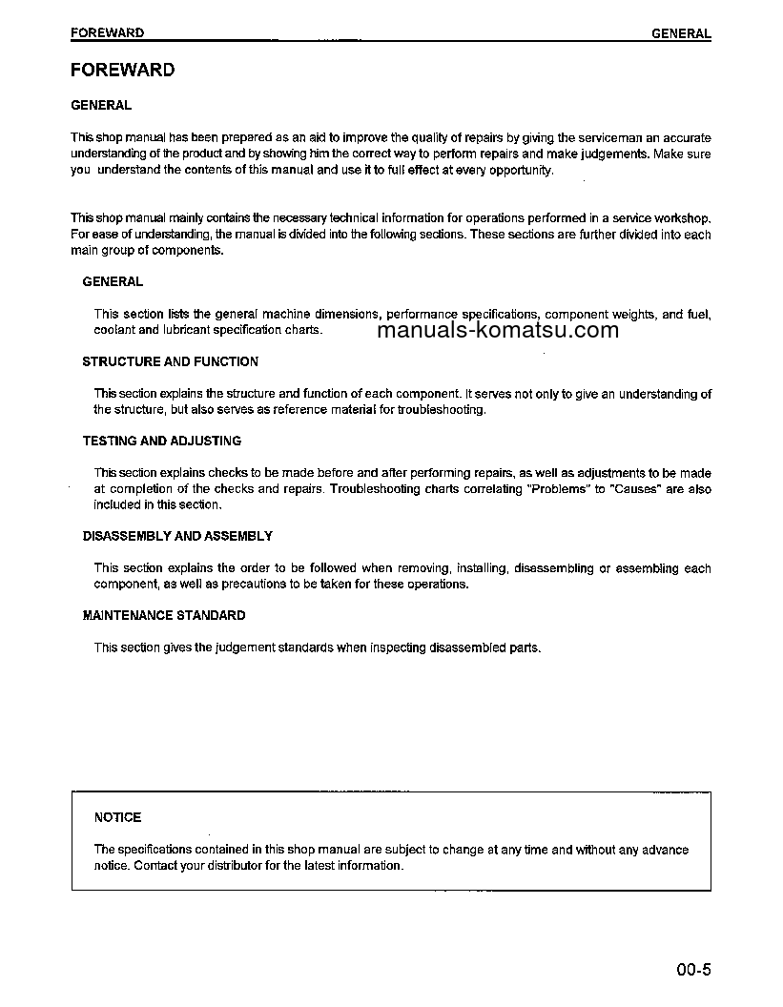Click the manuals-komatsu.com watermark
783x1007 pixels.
[498, 331]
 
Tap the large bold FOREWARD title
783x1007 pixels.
[123, 70]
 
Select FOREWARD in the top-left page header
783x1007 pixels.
[108, 32]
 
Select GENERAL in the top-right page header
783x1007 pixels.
[681, 33]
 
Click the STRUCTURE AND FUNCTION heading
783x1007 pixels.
[170, 361]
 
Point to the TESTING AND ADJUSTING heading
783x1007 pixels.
[161, 441]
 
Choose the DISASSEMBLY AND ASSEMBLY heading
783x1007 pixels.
[177, 536]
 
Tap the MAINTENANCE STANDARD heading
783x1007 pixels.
[163, 615]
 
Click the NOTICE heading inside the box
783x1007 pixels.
[117, 817]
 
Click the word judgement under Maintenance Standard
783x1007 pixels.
[244, 647]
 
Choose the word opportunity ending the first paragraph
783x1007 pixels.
[520, 170]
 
